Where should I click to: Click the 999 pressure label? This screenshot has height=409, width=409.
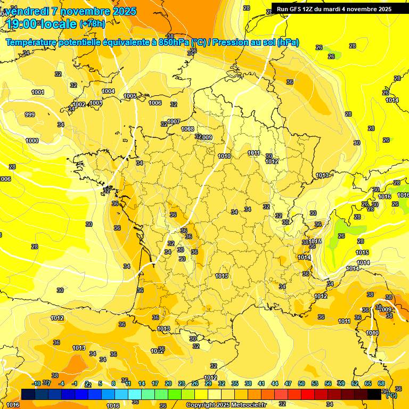30,114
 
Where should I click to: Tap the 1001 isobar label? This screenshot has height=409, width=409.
38,92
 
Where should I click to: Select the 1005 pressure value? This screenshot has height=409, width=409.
130,96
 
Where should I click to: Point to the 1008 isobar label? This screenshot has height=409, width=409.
187,129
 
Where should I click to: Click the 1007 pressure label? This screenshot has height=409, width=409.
174,121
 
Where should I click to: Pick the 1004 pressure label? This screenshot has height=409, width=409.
108,91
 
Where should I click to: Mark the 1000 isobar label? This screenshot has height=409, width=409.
32,141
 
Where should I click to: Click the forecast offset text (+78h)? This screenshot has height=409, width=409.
92,23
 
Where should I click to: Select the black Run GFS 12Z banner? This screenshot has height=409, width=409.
334,9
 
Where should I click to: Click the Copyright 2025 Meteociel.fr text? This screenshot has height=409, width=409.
226,405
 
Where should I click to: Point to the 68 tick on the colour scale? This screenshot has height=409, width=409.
381,383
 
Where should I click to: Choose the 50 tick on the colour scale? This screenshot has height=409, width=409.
301,383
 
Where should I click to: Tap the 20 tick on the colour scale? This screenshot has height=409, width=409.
168,383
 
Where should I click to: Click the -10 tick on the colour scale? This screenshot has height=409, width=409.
36,383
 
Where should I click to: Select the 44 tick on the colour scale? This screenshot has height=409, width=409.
275,383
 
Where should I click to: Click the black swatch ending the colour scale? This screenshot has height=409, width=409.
374,394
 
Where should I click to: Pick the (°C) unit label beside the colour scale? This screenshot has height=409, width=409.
391,395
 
